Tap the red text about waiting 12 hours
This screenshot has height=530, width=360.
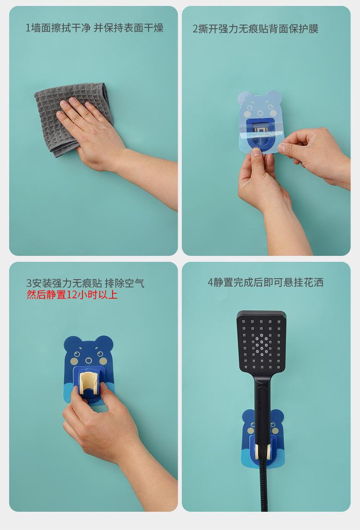click(72, 295)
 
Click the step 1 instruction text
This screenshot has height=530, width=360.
click(94, 28)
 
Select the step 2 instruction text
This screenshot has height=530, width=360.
click(255, 29)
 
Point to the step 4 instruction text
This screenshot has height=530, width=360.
click(265, 282)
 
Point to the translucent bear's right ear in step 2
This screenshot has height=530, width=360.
click(273, 97)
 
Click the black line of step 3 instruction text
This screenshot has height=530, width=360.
click(85, 283)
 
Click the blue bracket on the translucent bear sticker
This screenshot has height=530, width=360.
click(260, 134)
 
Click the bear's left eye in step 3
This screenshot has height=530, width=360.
click(77, 354)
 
